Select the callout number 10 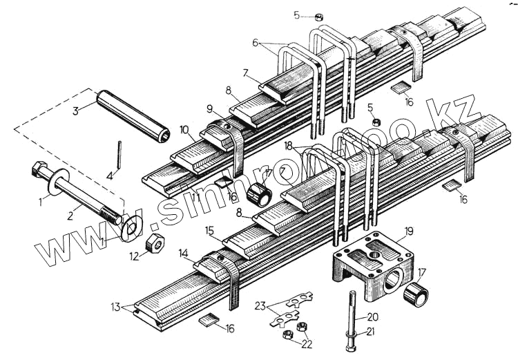184,129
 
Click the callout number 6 255,43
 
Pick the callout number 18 287,146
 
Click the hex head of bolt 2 39,169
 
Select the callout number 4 109,176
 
